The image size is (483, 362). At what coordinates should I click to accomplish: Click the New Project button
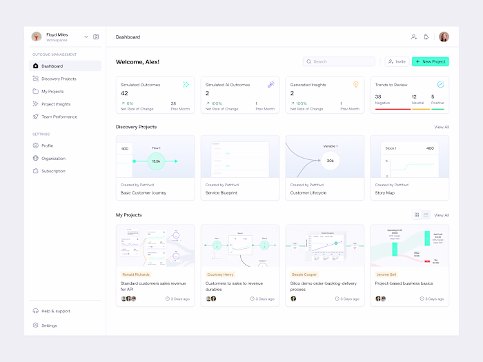click(x=431, y=61)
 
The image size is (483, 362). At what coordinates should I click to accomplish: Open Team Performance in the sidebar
click(x=59, y=117)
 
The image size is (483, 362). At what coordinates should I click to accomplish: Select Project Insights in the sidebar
click(x=56, y=104)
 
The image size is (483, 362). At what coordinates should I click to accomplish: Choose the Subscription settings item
click(x=53, y=171)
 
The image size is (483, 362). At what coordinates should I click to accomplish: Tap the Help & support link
click(x=55, y=311)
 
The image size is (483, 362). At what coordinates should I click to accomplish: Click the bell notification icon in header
click(x=426, y=37)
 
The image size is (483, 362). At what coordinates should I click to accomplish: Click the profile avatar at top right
click(x=444, y=37)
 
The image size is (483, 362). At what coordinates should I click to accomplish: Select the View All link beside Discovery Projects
click(x=442, y=127)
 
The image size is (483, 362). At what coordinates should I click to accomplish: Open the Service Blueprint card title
click(x=221, y=193)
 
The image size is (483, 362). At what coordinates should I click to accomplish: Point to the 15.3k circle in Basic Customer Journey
click(x=156, y=161)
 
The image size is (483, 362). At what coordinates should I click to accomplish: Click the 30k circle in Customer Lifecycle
click(x=330, y=161)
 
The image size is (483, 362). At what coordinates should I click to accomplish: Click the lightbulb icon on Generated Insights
click(x=356, y=84)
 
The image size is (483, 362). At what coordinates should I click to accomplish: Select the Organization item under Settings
click(x=53, y=159)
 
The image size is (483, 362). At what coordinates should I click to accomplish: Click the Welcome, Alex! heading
click(x=137, y=62)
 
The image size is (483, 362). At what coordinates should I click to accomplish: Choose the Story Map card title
click(x=385, y=193)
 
